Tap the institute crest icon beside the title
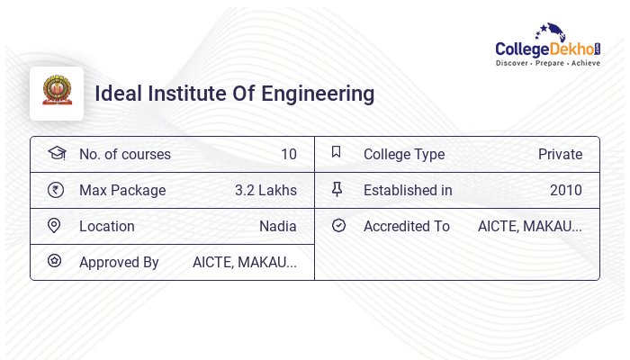(x=56, y=93)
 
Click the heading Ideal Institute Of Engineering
(x=235, y=93)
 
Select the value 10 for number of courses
(x=288, y=154)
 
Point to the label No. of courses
(x=125, y=154)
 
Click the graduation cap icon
(x=56, y=153)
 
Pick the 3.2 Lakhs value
(x=265, y=190)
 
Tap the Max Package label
(x=122, y=190)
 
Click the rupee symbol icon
(x=56, y=190)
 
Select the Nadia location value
(x=277, y=226)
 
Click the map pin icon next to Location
(x=56, y=226)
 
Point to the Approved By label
(x=119, y=262)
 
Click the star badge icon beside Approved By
(x=56, y=262)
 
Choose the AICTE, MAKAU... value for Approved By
(x=245, y=262)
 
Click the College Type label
(x=404, y=154)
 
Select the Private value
(x=560, y=154)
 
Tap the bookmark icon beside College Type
(x=337, y=153)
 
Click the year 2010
(x=566, y=190)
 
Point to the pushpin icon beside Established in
(x=337, y=190)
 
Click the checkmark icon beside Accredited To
(x=338, y=226)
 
